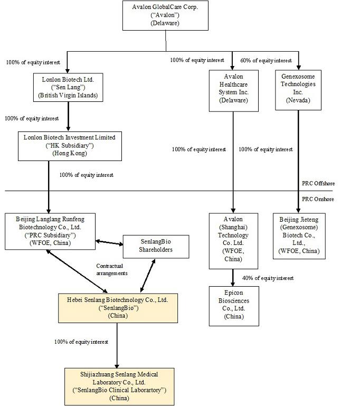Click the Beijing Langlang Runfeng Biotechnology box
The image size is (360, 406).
point(50,230)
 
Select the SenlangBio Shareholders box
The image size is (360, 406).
point(156,246)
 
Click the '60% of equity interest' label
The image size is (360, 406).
point(266,60)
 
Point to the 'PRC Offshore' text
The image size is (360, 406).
point(318,183)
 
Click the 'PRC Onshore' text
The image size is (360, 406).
point(318,199)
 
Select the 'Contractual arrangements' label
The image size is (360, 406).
point(112,269)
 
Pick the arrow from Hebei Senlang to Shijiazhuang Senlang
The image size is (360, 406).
point(117,345)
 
